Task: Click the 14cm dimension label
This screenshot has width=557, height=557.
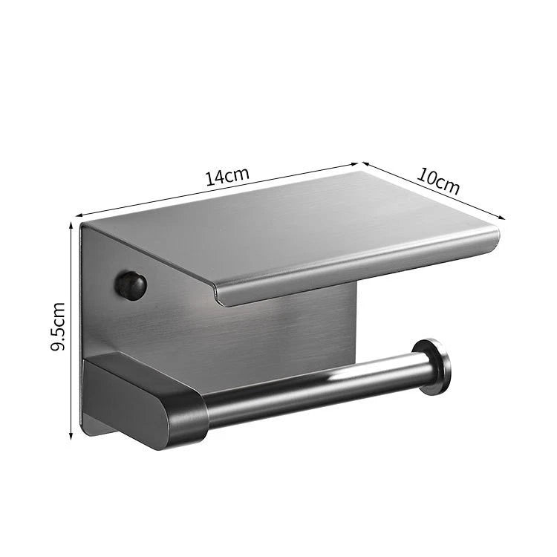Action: click(x=227, y=177)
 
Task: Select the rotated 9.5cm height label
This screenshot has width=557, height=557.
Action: click(x=59, y=325)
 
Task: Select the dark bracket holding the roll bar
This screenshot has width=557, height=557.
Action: click(x=149, y=401)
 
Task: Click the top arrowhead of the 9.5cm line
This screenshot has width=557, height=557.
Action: click(x=72, y=224)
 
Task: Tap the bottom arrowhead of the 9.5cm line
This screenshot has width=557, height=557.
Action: click(x=72, y=436)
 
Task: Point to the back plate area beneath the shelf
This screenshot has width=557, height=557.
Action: click(x=297, y=327)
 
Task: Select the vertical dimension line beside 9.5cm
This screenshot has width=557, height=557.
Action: click(x=72, y=327)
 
